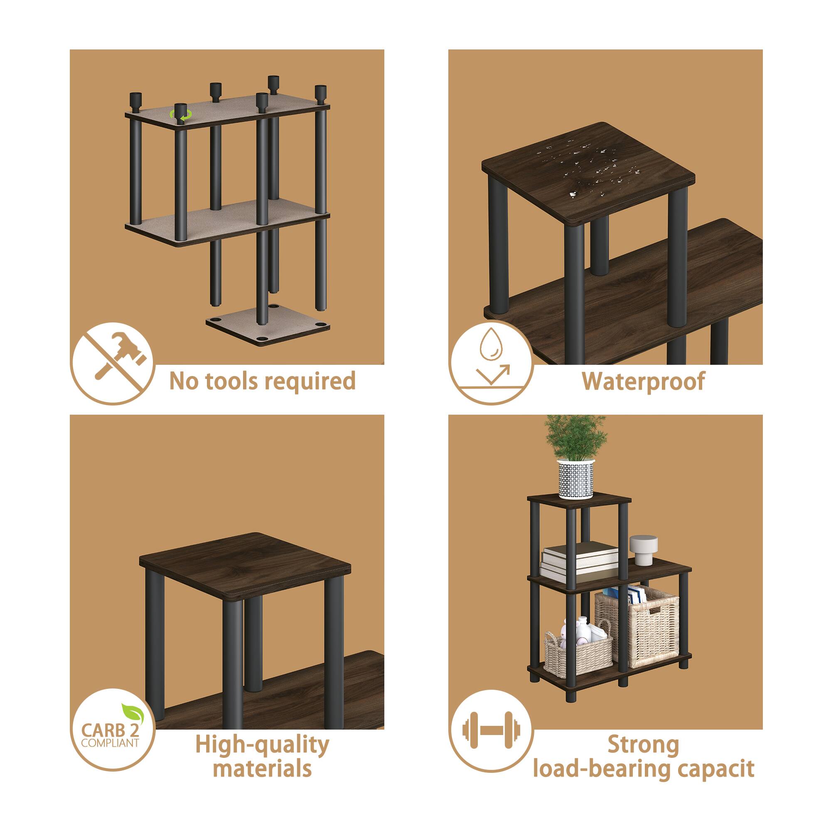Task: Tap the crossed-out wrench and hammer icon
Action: pyautogui.click(x=113, y=363)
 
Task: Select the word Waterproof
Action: pyautogui.click(x=643, y=381)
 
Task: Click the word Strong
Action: pyautogui.click(x=643, y=745)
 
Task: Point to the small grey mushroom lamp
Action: pyautogui.click(x=643, y=549)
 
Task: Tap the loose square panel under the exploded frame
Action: pyautogui.click(x=268, y=328)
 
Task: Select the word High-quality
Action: pyautogui.click(x=262, y=745)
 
